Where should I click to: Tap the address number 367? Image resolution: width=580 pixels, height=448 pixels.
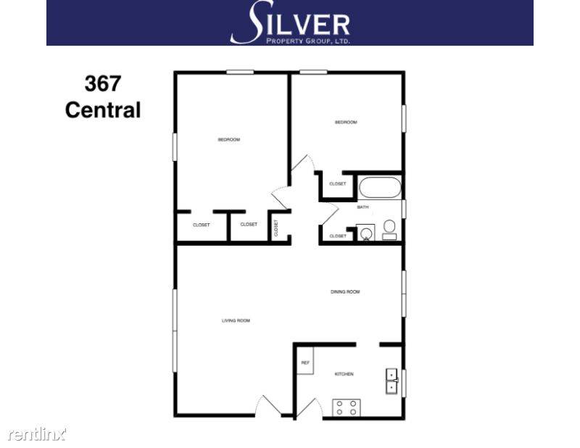[103, 84]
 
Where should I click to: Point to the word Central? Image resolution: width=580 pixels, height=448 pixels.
[102, 110]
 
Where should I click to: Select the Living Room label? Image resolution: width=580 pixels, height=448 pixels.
[236, 320]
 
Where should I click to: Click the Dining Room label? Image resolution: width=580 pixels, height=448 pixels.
[345, 292]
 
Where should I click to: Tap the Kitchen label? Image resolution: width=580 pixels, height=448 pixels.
[344, 374]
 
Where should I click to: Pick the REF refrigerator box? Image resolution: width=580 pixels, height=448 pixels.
[305, 362]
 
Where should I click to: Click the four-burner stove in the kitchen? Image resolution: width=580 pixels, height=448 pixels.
[347, 407]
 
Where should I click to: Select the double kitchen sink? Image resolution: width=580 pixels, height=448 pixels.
[391, 381]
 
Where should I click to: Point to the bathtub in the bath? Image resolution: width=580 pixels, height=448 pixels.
[380, 188]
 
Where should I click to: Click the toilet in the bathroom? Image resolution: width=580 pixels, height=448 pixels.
[389, 228]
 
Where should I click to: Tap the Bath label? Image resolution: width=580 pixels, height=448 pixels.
[362, 207]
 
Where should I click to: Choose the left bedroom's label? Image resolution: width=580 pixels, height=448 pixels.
[229, 139]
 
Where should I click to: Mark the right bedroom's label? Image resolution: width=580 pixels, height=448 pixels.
[346, 123]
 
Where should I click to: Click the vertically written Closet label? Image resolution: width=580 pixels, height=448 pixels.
[276, 228]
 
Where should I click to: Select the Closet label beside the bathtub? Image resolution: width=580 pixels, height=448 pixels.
[338, 184]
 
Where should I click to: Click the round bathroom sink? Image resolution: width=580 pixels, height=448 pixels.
[366, 233]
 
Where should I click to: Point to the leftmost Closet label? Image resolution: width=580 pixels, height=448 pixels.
[201, 225]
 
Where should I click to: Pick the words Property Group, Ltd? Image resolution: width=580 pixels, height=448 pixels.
[304, 41]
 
